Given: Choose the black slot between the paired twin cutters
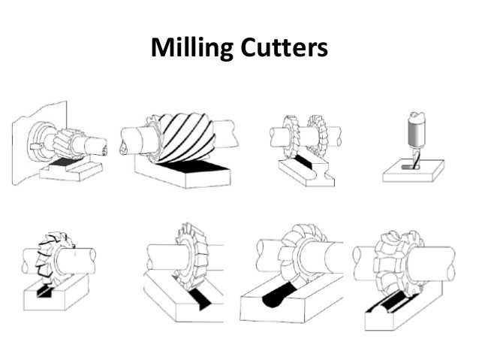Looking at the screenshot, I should click(x=304, y=162).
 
